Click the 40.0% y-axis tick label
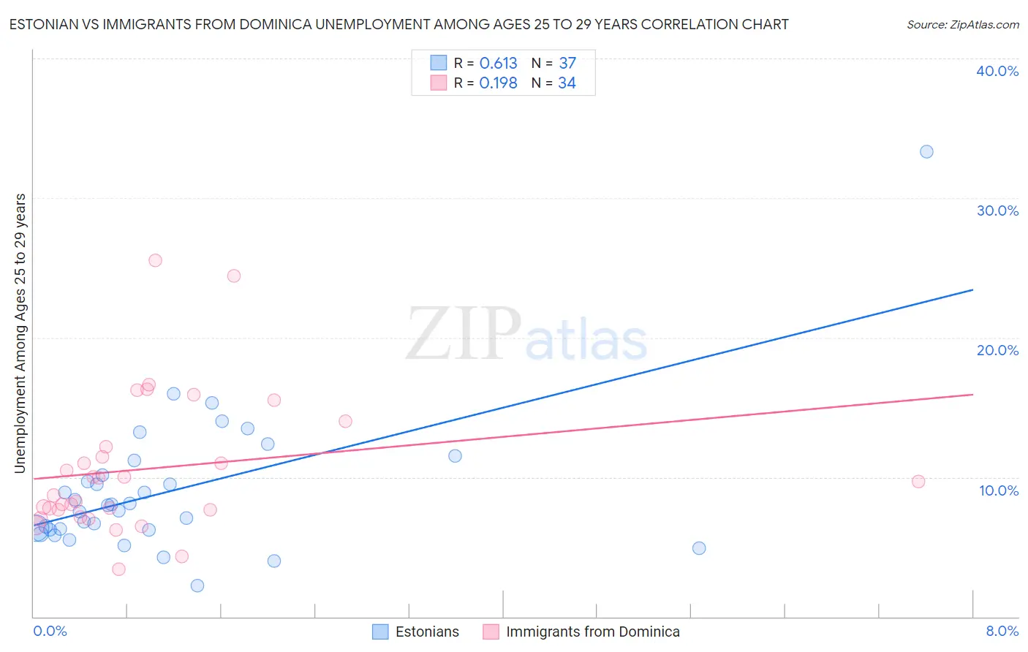pos(997,71)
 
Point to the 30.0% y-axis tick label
pos(997,211)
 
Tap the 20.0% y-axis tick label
pos(997,350)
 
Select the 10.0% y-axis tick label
pos(999,490)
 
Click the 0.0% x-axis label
pos(50,631)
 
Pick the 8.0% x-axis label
pos(1002,631)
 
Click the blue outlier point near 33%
pos(926,152)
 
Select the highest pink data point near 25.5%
pos(155,260)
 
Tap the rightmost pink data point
pos(918,482)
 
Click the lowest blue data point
pos(197,585)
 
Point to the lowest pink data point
pos(118,569)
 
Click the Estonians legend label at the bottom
pos(427,632)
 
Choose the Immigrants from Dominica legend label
pos(592,632)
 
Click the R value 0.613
pos(498,64)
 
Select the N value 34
pos(567,83)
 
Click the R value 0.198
pos(498,83)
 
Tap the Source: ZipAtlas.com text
pos(962,25)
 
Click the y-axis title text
pos(20,333)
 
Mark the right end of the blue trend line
pos(972,290)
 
